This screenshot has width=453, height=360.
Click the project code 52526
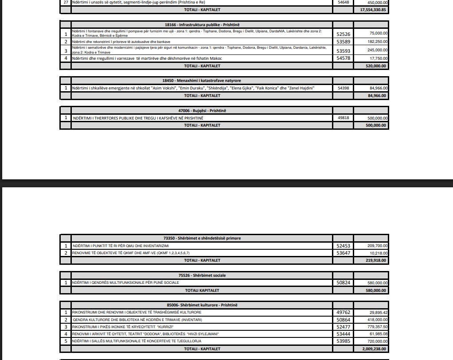344,34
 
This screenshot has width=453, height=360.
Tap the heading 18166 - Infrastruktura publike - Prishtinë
202,25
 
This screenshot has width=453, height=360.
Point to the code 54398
344,88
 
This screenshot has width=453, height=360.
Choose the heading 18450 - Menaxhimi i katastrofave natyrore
202,81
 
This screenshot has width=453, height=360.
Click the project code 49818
344,118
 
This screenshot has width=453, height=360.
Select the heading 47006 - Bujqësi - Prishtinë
202,111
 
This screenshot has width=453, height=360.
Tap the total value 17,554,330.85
371,10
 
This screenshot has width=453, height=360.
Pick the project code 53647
344,253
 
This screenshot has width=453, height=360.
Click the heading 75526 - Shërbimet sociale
202,275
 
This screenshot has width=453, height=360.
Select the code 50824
344,283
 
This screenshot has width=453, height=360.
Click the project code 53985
344,341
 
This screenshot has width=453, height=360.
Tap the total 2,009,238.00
371,349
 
